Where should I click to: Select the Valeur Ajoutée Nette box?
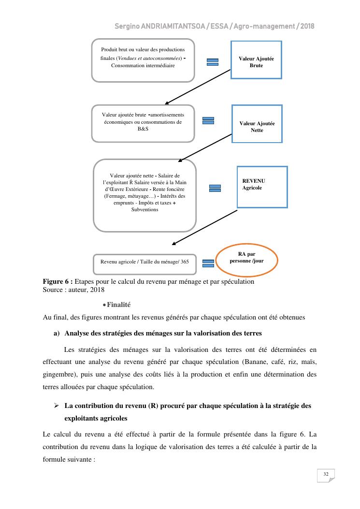tap(257, 124)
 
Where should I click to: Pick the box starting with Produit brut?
tap(143, 60)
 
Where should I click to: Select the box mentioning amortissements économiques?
tap(143, 123)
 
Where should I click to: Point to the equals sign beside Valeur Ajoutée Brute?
tap(213, 62)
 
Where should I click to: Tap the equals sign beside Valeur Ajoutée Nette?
tap(208, 121)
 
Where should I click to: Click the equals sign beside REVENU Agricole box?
tap(215, 188)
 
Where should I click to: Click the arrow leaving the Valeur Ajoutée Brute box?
tap(198, 86)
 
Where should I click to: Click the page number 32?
tap(326, 475)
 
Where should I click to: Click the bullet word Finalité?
tap(118, 305)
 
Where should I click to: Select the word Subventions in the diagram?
tap(144, 210)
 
